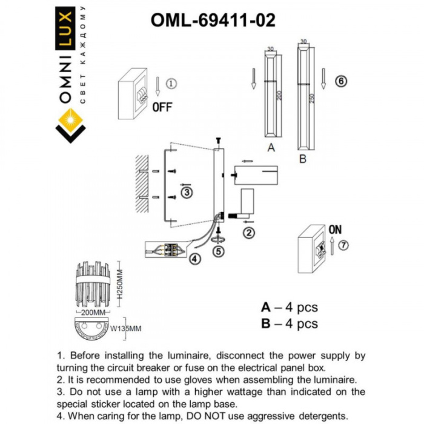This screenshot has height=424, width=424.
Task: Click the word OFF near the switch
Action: pos(162,108)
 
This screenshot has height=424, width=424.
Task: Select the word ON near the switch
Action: pos(334,230)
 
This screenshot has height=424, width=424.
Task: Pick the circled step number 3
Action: pos(187,193)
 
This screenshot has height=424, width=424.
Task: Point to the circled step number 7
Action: pos(344,245)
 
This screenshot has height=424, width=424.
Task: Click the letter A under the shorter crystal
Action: pos(271,148)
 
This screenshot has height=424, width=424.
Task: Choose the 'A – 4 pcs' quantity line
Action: pos(289,308)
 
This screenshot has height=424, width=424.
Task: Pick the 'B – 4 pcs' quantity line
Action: pos(289,324)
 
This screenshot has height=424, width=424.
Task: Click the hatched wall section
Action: pos(143,185)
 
